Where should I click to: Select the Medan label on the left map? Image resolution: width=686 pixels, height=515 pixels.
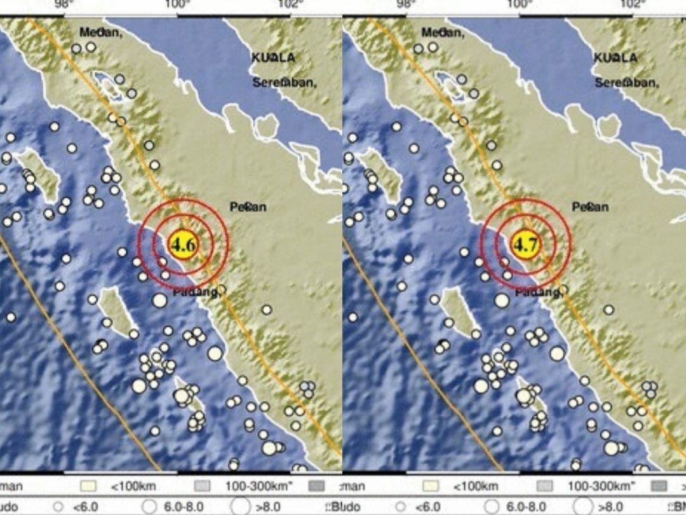100,32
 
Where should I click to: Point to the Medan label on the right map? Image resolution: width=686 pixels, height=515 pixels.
443,32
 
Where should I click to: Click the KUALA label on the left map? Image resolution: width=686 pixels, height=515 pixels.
273,58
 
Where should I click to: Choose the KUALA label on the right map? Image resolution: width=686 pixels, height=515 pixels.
615,58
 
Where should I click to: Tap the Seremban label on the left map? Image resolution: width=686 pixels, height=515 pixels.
285,82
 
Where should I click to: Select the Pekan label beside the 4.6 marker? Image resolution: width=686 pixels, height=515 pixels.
248,207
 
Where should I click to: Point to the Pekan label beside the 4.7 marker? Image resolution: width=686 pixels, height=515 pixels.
591,207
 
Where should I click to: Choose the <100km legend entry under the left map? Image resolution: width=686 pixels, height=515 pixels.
128,487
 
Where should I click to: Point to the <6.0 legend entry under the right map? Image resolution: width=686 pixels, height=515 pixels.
424,507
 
